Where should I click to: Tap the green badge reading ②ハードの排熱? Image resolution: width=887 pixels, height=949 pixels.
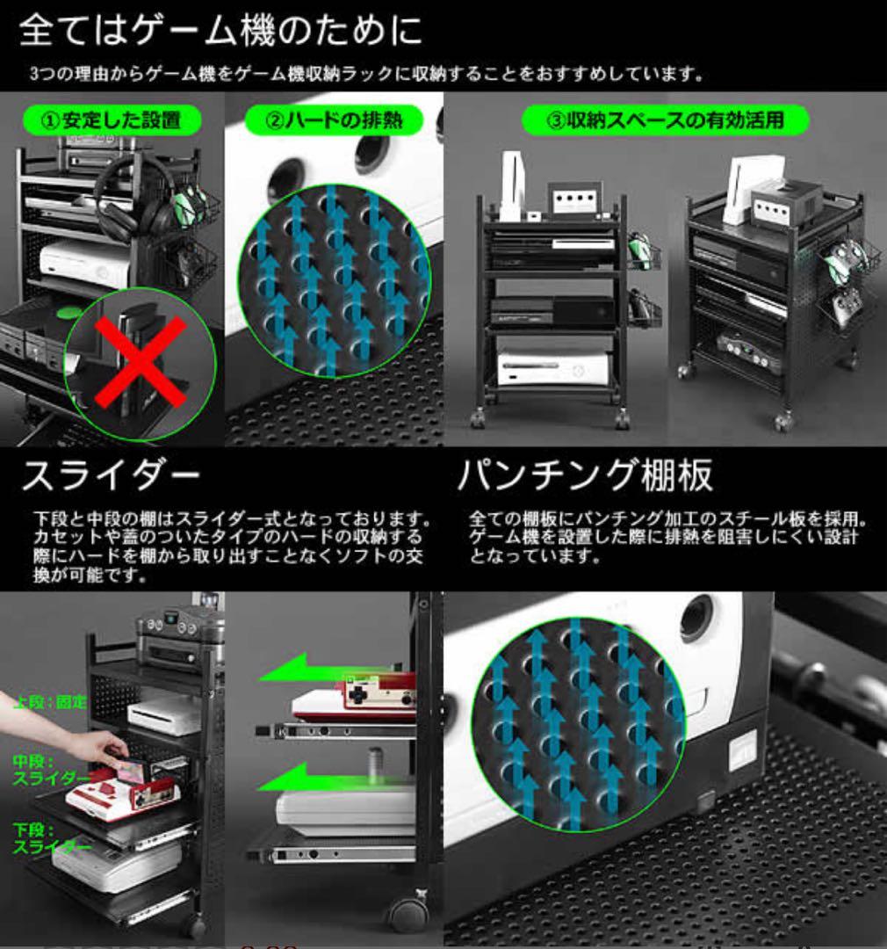pyautogui.click(x=335, y=119)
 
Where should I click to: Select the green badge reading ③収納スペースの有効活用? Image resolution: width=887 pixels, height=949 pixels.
pyautogui.click(x=664, y=120)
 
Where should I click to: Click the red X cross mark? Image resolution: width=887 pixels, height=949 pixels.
pyautogui.click(x=141, y=361)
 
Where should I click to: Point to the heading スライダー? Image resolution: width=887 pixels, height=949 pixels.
pyautogui.click(x=111, y=476)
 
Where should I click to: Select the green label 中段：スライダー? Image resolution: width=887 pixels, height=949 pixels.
pyautogui.click(x=50, y=771)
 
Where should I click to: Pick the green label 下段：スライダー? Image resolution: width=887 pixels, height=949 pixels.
pyautogui.click(x=50, y=838)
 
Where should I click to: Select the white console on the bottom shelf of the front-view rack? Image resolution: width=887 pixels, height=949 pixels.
pyautogui.click(x=553, y=369)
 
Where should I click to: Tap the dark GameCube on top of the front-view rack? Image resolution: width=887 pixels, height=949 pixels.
pyautogui.click(x=575, y=200)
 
